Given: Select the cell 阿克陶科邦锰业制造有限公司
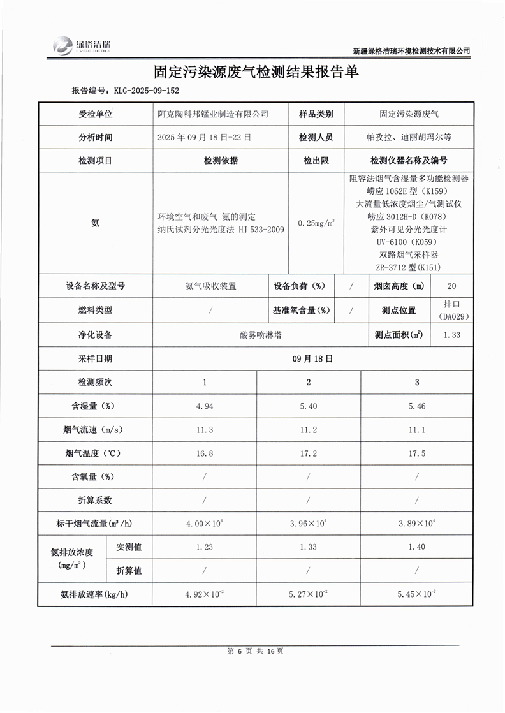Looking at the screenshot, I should (212, 114).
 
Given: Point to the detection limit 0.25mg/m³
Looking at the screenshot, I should (316, 224).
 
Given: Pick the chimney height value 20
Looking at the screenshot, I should (451, 286).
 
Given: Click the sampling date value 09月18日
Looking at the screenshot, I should (312, 358).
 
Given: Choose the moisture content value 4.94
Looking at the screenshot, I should (204, 406).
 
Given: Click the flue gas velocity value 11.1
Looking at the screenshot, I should (417, 430).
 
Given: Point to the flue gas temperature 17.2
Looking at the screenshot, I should (308, 453).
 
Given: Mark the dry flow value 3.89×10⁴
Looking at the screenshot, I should (417, 523).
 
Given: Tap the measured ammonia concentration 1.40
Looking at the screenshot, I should (417, 547).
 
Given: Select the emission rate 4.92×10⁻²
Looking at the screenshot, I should (204, 594).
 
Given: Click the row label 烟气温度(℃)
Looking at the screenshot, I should (94, 453).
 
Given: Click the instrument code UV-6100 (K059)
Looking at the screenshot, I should (409, 242).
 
